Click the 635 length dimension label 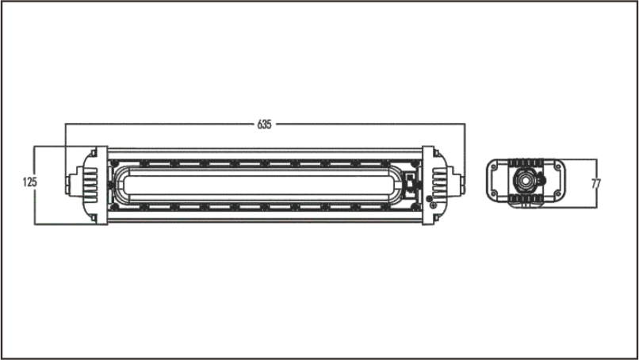264,124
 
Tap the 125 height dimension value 30,182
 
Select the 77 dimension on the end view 596,184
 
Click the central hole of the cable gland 526,179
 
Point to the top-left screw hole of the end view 495,167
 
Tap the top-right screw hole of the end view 557,167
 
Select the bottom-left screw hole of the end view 495,193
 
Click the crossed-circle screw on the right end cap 433,206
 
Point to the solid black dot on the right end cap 429,199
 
